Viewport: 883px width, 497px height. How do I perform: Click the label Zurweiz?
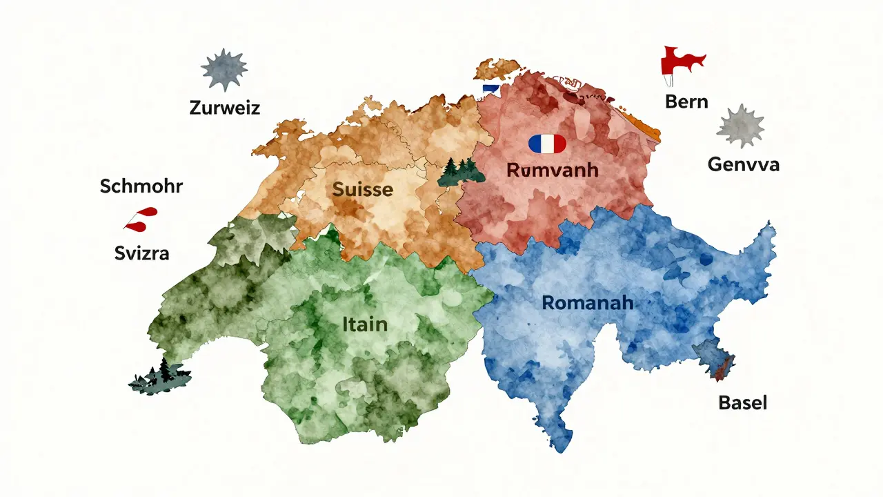225,108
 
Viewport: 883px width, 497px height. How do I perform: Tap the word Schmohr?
141,186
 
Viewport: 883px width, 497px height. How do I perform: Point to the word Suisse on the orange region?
363,188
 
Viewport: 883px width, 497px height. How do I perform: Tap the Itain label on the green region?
364,323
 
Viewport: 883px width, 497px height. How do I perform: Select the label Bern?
686,101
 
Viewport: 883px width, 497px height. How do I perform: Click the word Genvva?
744,164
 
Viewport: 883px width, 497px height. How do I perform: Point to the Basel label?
742,402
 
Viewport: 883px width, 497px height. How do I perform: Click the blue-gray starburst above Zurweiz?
224,69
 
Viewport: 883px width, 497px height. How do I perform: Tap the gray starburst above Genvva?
741,126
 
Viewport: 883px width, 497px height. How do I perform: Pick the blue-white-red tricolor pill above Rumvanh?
546,144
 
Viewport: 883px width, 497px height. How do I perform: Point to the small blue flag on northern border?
490,89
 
